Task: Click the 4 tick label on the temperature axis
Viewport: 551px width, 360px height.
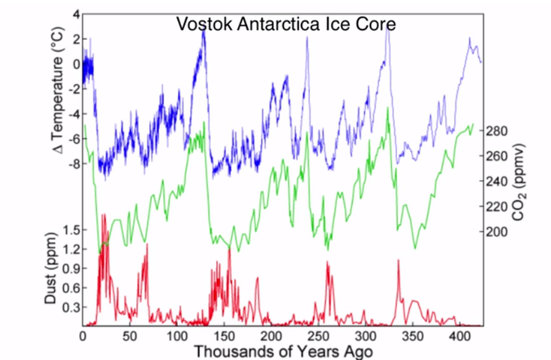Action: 76,14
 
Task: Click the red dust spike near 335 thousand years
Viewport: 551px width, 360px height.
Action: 398,261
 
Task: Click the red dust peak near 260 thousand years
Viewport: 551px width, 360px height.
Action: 327,263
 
